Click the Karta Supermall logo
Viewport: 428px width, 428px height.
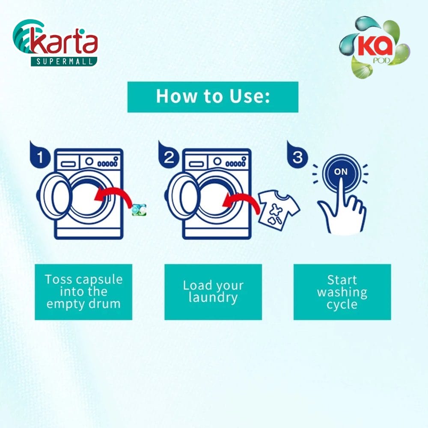pos(55,43)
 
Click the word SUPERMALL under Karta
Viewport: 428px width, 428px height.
pos(64,61)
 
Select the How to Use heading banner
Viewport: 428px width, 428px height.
pos(213,97)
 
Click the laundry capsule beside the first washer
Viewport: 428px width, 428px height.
pos(139,210)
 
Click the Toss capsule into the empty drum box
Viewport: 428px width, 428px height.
pos(83,292)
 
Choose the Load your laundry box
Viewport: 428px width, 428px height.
pos(213,292)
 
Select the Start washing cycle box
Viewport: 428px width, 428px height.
pos(342,292)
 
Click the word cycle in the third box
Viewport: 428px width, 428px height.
pos(342,304)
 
